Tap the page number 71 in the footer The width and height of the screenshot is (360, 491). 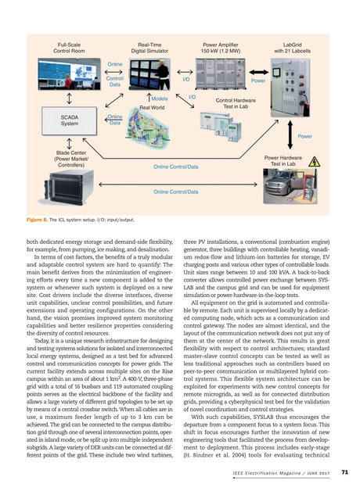[345, 471]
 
